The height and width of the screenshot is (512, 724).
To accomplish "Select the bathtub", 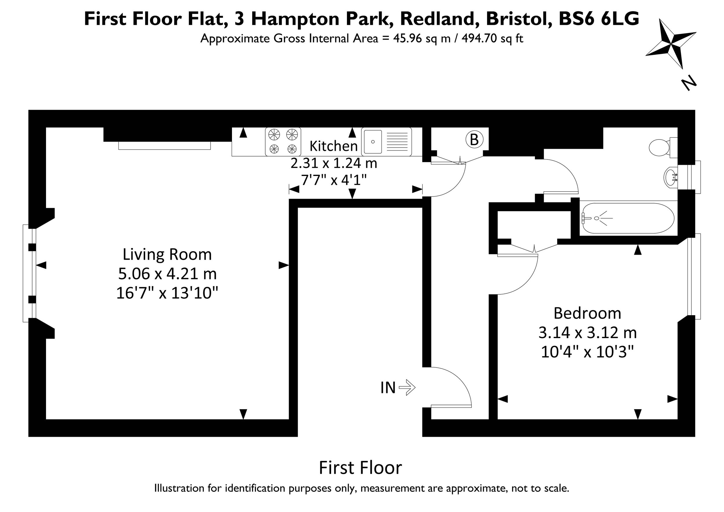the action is (628, 218).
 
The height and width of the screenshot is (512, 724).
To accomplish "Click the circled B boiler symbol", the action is (474, 139).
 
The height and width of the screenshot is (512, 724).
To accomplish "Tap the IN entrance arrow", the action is (407, 388).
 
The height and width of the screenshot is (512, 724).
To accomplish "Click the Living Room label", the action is (167, 254).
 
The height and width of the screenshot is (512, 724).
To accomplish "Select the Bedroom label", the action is (587, 313).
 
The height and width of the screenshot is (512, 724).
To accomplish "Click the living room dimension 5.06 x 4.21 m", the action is (167, 274).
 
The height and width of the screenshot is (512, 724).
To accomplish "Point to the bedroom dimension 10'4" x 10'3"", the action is (587, 352).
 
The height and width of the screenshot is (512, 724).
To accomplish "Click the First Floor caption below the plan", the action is (360, 467).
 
